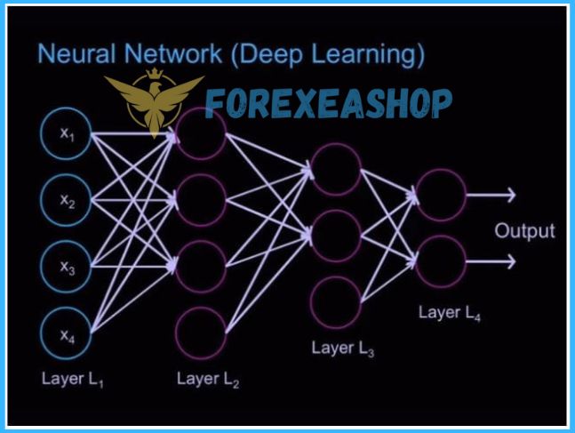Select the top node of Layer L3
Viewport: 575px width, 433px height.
(x=335, y=168)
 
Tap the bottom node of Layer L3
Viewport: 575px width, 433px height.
(x=335, y=301)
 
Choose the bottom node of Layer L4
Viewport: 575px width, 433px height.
(x=441, y=261)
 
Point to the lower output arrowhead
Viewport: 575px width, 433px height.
(x=511, y=261)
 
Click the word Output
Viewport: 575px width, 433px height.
(x=524, y=231)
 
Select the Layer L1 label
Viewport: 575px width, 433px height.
(x=72, y=378)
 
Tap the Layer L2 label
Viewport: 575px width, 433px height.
(x=207, y=380)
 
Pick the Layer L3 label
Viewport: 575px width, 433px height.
(x=342, y=348)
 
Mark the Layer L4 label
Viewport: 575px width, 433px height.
(x=450, y=312)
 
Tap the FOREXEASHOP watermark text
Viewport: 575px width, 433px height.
(x=328, y=104)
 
